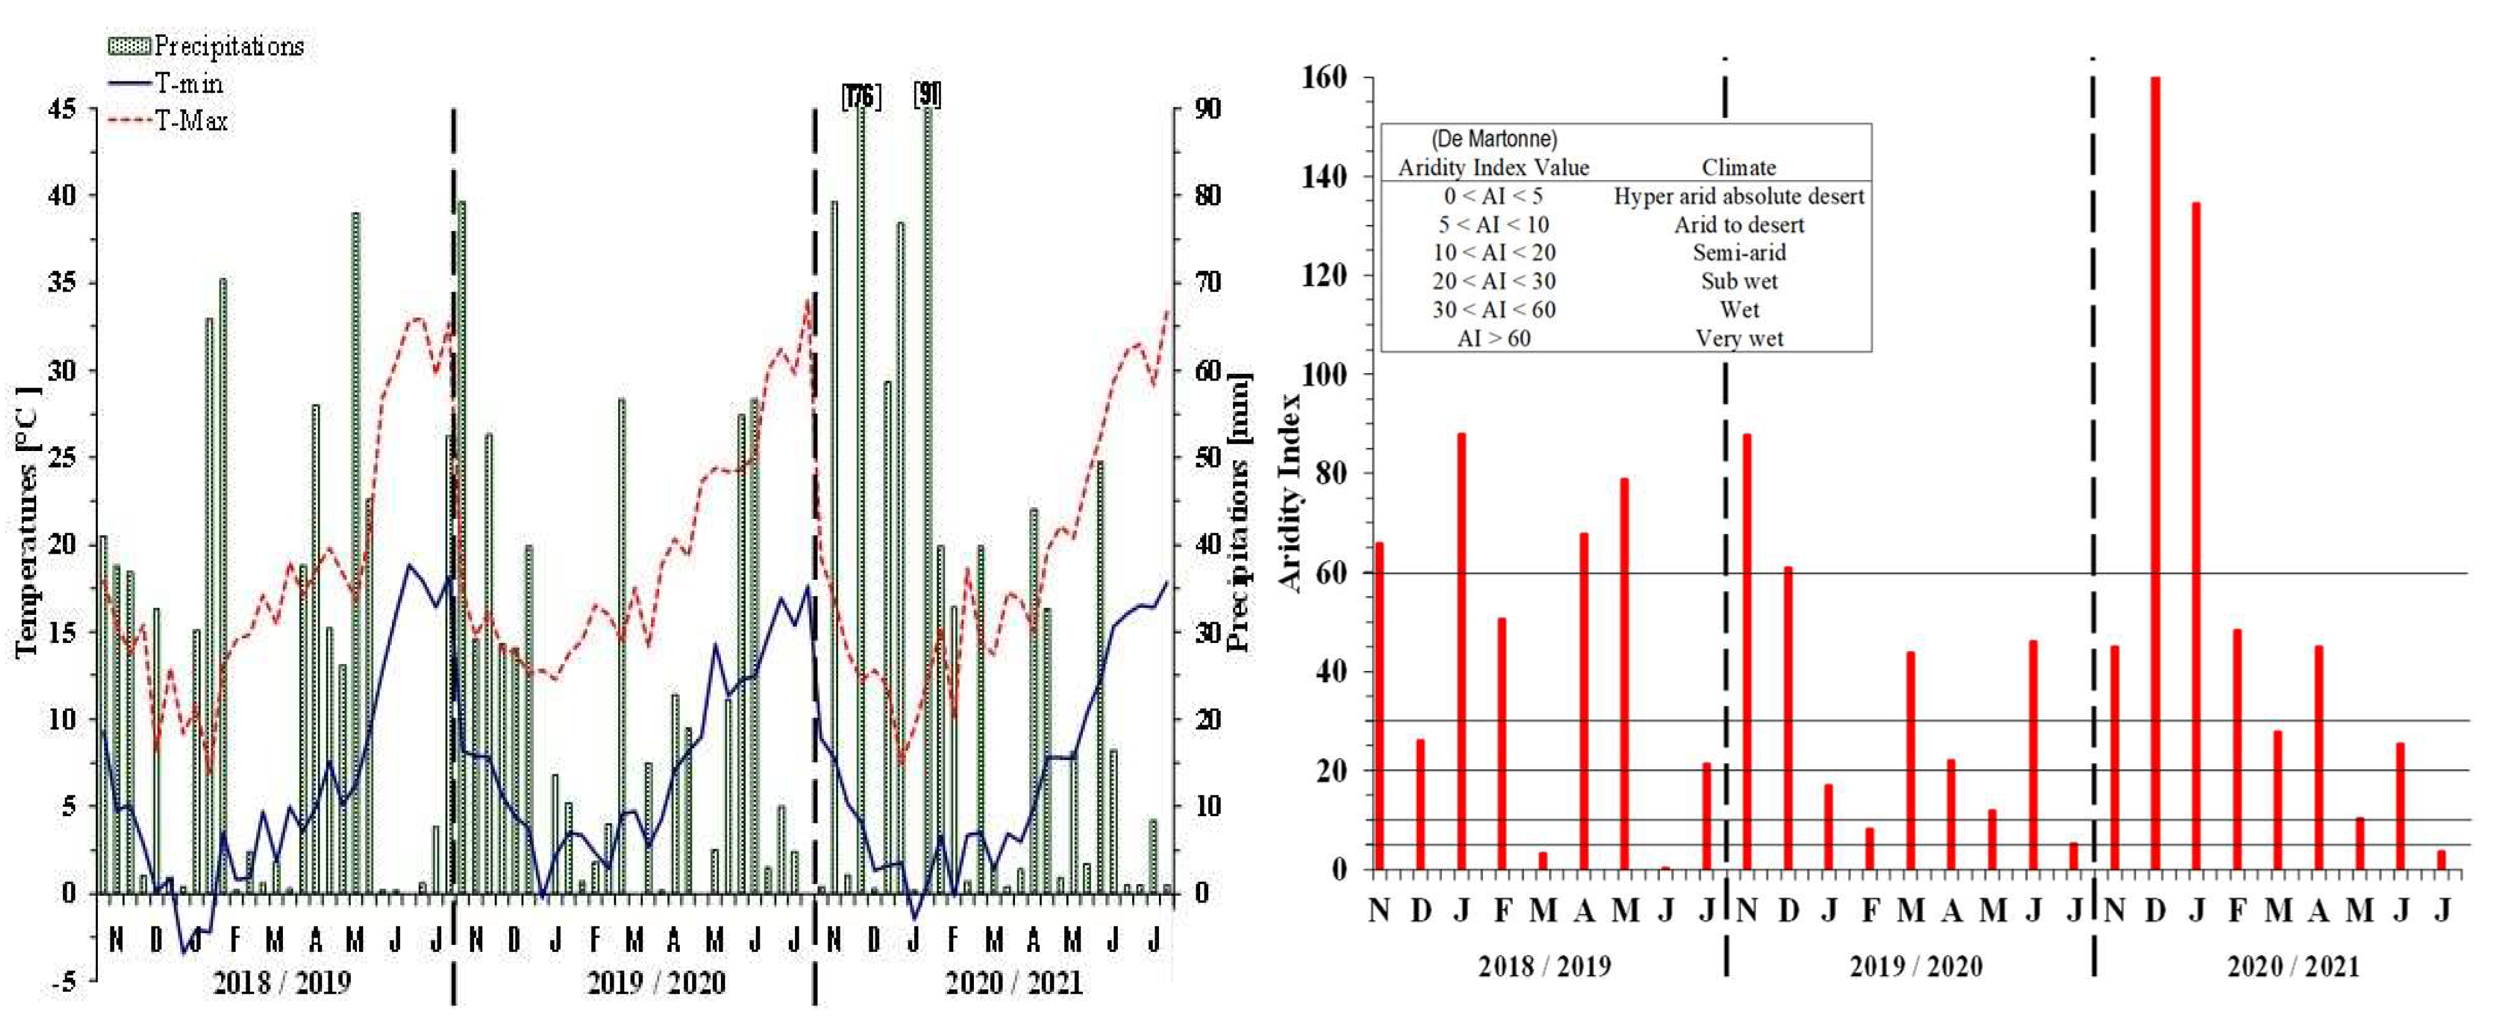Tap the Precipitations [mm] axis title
(1238, 512)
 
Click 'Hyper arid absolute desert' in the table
(1738, 196)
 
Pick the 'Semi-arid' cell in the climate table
(1738, 252)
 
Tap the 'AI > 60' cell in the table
(1494, 338)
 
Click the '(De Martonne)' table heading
(1494, 139)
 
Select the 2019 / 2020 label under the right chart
(1915, 966)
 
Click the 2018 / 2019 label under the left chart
(281, 982)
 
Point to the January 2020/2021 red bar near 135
(2195, 533)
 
